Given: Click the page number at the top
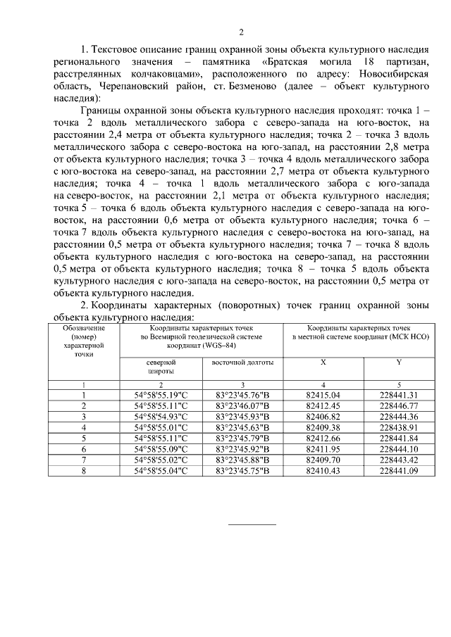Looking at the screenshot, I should [x=241, y=32].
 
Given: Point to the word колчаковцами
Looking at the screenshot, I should [x=153, y=72].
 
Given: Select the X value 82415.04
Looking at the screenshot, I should [x=323, y=395].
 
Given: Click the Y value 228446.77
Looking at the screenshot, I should [x=399, y=405].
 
